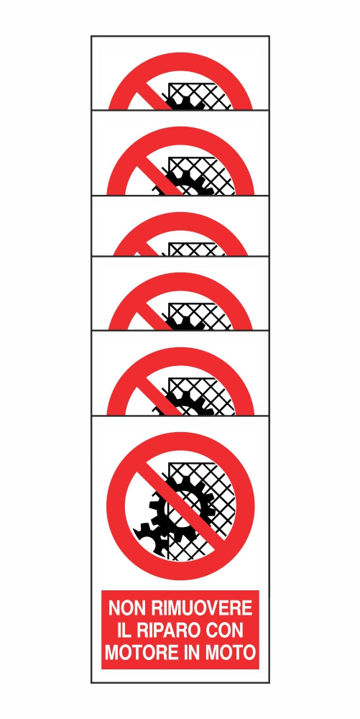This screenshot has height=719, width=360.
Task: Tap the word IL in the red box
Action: pos(124,631)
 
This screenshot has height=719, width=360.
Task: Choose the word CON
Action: pos(227,631)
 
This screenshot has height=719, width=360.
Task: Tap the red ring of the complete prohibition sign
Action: pos(118,503)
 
